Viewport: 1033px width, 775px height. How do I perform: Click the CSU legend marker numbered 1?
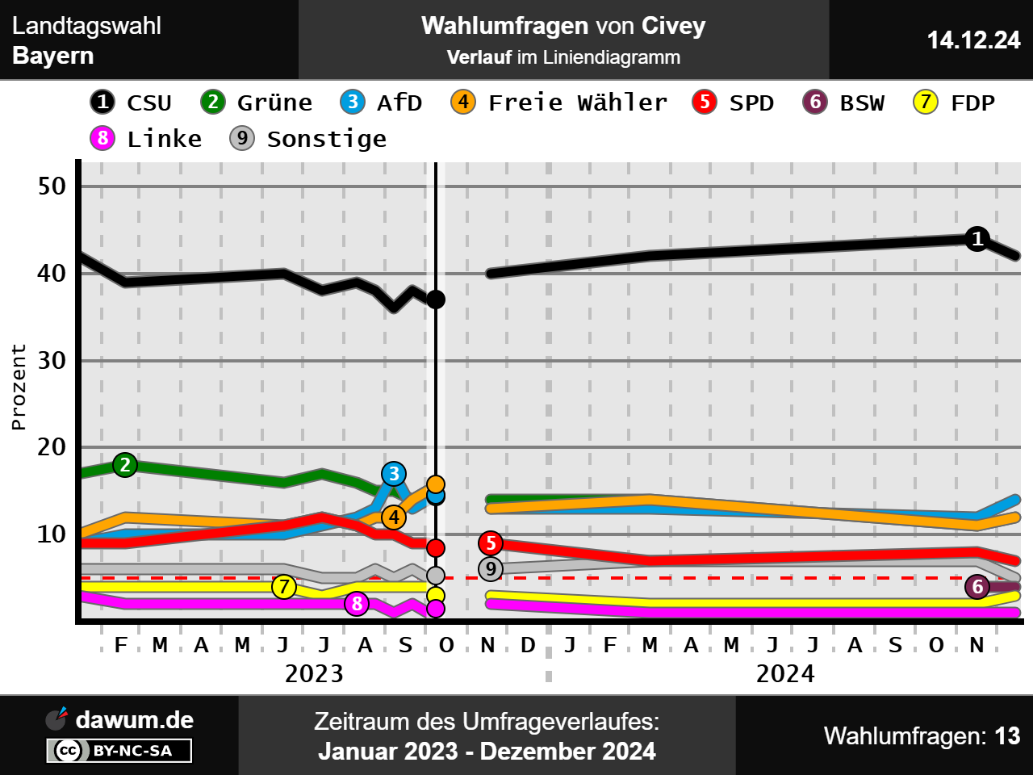102,103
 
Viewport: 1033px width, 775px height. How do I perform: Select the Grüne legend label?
274,103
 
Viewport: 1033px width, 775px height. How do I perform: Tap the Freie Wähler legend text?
578,103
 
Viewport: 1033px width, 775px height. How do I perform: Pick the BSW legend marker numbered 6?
815,103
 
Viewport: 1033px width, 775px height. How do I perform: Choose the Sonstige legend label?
327,139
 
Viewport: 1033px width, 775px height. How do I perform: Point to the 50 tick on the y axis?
52,186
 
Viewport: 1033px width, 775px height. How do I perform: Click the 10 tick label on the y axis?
52,534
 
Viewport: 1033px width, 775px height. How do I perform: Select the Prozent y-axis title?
19,387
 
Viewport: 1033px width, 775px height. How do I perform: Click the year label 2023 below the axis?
314,673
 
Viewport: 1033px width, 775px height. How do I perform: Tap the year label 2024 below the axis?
785,673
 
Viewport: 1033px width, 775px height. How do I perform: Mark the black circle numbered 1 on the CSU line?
977,239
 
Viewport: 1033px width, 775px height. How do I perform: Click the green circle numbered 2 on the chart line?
125,465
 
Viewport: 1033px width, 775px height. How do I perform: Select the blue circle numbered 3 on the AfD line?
394,474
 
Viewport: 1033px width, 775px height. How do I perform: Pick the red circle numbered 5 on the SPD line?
491,543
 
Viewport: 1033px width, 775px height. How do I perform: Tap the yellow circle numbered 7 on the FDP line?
284,587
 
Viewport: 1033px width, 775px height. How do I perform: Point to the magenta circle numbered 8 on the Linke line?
357,603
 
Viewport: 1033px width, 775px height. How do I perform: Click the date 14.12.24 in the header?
973,40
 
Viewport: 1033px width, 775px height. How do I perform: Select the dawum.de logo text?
134,719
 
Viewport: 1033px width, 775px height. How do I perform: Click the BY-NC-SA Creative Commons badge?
119,751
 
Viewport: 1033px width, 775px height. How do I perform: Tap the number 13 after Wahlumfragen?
1007,736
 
